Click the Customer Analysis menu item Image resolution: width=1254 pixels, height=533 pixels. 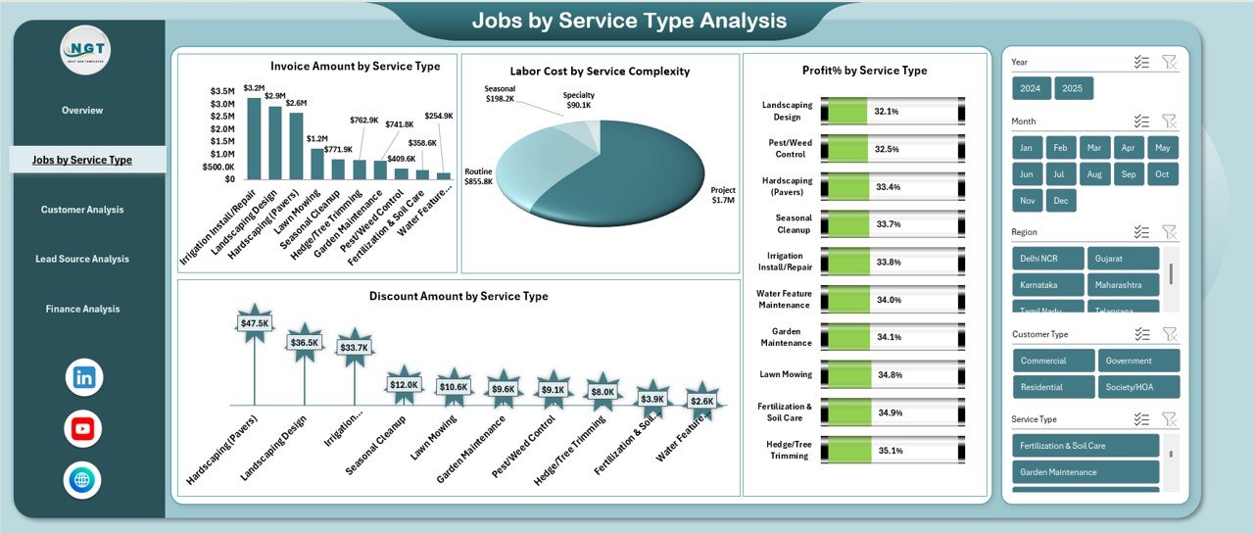pos(82,210)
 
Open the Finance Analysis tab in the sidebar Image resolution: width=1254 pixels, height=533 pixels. pos(82,309)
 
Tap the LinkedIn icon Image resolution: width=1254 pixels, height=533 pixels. pos(83,377)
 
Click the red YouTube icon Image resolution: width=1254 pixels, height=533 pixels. pos(83,428)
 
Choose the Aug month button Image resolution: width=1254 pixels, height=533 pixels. pos(1093,174)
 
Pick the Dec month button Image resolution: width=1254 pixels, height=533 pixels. pos(1059,200)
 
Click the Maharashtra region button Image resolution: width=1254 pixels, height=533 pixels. pos(1123,284)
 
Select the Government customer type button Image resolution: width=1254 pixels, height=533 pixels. pos(1137,361)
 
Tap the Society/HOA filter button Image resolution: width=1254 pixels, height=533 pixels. pos(1137,387)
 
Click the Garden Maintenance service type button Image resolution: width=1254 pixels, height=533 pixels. pos(1085,472)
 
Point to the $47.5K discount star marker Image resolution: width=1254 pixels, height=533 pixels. pos(254,323)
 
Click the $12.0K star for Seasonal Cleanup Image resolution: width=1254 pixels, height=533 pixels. pos(404,385)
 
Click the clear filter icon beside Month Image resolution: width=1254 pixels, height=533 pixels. pos(1169,121)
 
